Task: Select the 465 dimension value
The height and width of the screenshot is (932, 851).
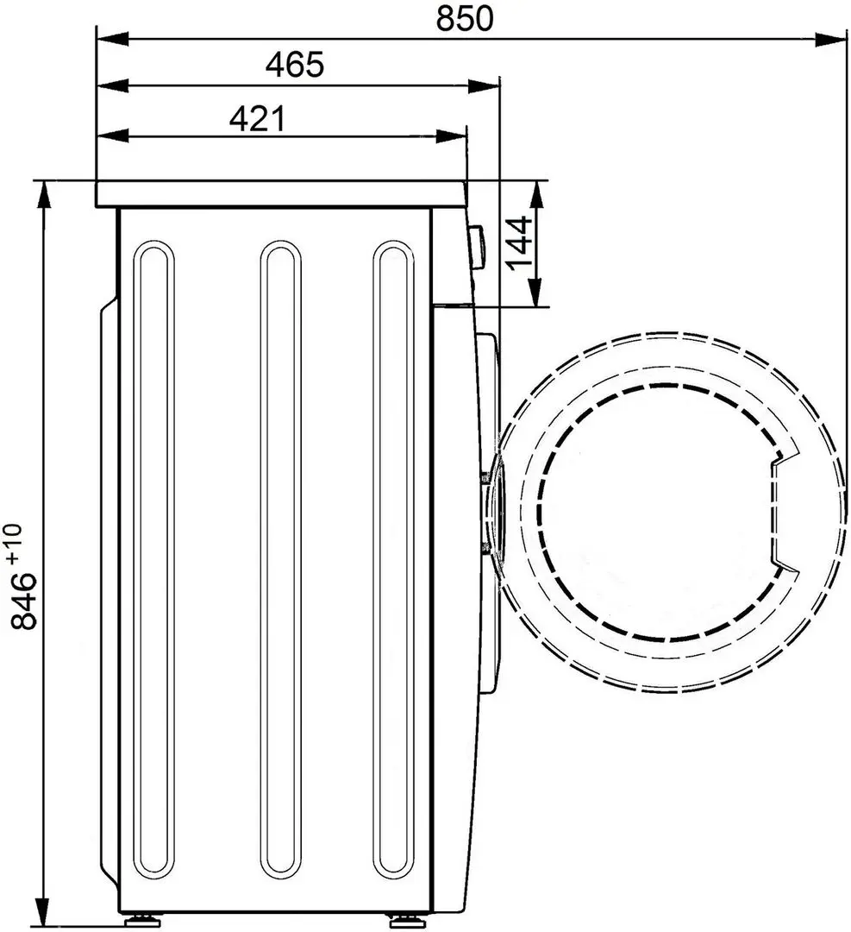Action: click(x=294, y=65)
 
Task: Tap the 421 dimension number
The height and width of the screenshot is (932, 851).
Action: click(x=256, y=118)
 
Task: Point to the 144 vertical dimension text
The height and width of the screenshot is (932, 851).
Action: click(x=518, y=243)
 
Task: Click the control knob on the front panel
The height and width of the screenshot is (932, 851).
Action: click(x=476, y=248)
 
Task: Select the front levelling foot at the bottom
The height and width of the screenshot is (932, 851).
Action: click(x=402, y=916)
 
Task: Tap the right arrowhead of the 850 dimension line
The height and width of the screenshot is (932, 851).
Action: click(x=832, y=39)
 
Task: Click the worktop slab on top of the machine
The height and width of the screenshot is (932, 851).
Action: click(x=280, y=194)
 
